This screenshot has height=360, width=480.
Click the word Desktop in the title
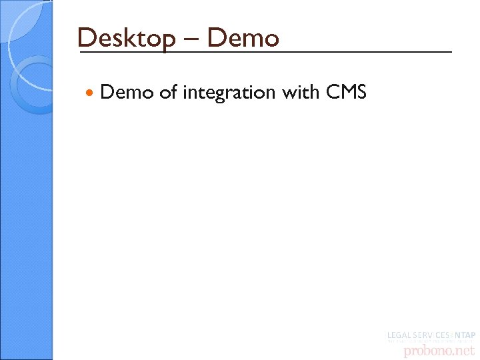click(125, 38)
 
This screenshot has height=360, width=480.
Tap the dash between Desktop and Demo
click(190, 40)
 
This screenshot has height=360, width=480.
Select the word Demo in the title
click(243, 38)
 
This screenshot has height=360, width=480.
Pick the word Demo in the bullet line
click(127, 92)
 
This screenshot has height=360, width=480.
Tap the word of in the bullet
click(168, 92)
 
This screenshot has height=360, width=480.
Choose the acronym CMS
click(346, 92)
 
